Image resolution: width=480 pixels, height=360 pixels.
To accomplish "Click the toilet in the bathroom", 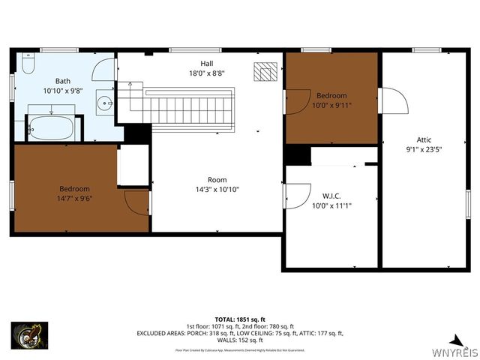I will [28, 64].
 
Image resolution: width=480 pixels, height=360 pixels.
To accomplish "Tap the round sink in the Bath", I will [106, 103].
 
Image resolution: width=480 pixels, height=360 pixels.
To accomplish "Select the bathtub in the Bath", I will [50, 127].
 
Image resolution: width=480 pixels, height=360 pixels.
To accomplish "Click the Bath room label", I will [64, 80].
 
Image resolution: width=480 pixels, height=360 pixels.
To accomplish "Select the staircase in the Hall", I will [187, 105].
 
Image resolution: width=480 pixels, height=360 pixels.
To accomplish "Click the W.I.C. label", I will [331, 196].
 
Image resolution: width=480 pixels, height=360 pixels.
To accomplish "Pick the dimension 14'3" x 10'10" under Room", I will [217, 190].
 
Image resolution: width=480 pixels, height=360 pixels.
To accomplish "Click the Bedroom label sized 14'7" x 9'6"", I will [75, 188].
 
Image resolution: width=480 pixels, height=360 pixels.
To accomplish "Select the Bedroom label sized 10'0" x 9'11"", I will [331, 95].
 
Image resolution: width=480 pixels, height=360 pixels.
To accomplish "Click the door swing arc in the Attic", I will [392, 100].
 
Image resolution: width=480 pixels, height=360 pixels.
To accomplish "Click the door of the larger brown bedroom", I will [136, 202].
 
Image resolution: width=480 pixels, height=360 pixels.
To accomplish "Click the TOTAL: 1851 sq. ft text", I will [240, 319].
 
